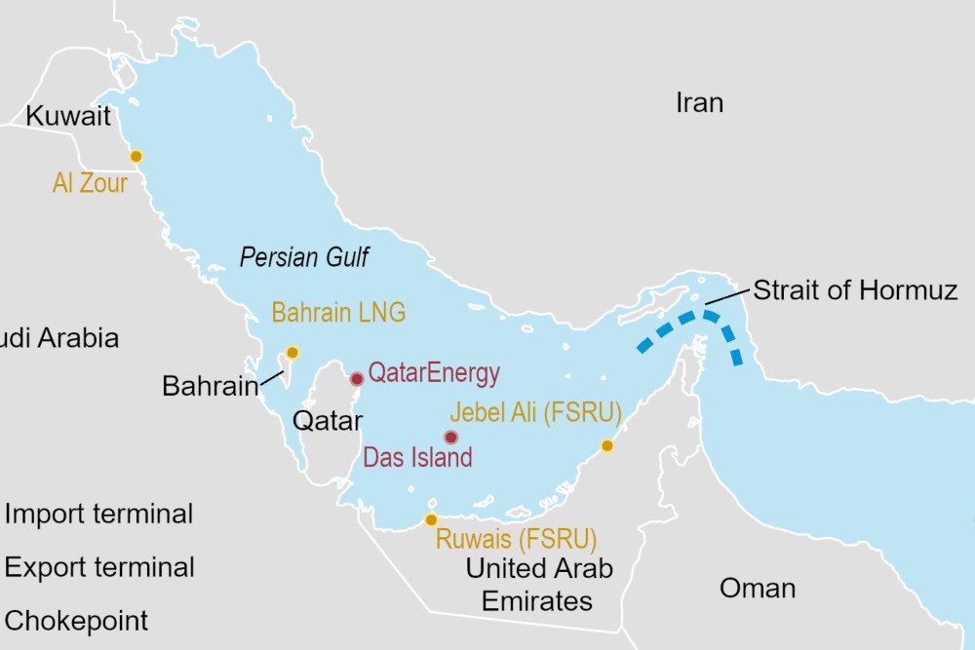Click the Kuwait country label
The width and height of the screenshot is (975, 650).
click(x=68, y=116)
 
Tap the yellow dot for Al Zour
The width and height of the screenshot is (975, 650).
click(x=136, y=156)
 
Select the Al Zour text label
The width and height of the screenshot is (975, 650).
click(x=90, y=182)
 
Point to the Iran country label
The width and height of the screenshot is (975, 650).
click(x=699, y=102)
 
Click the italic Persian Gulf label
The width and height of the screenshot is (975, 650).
click(x=304, y=257)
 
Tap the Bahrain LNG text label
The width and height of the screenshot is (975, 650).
click(x=338, y=313)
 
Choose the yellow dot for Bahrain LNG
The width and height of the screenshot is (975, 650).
click(x=291, y=353)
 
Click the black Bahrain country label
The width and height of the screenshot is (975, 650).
click(x=210, y=386)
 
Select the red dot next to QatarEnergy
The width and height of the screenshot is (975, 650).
click(x=357, y=378)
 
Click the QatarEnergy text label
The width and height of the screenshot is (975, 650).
click(x=434, y=373)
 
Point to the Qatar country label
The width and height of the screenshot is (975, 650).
click(x=328, y=421)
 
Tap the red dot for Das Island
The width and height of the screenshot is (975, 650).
click(x=450, y=438)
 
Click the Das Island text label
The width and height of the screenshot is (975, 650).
click(x=417, y=457)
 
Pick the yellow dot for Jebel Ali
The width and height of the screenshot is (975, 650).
click(x=606, y=445)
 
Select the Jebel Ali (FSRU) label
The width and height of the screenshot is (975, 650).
click(x=534, y=412)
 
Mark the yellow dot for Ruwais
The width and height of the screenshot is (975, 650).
click(x=431, y=519)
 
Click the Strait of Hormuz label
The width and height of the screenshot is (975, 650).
click(x=855, y=289)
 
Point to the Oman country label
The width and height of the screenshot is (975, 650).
click(x=757, y=588)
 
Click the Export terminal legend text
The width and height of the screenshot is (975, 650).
click(x=99, y=567)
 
